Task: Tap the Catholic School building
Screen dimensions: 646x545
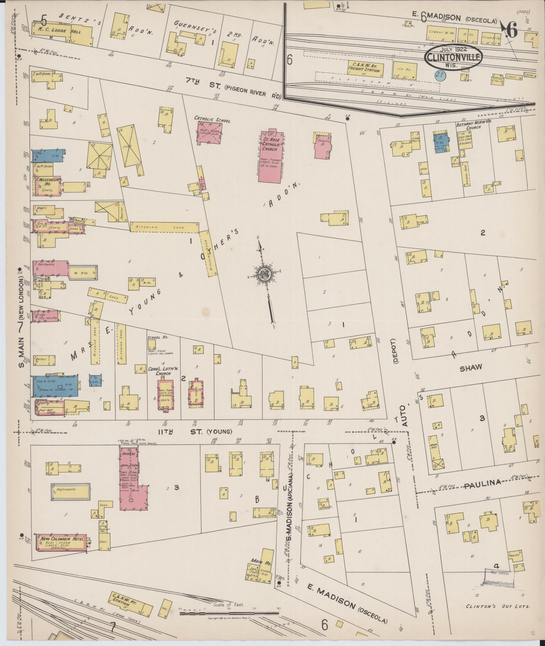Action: click(x=210, y=133)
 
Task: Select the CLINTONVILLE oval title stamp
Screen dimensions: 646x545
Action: click(x=454, y=57)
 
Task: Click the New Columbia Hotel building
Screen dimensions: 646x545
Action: click(x=61, y=543)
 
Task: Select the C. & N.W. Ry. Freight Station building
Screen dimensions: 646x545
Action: click(x=365, y=69)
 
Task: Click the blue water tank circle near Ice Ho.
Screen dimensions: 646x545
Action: click(x=441, y=76)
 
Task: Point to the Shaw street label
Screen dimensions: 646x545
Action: click(x=470, y=368)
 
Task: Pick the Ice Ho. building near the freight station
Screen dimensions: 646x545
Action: click(x=405, y=71)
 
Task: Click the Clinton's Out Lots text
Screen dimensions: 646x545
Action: click(x=498, y=606)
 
